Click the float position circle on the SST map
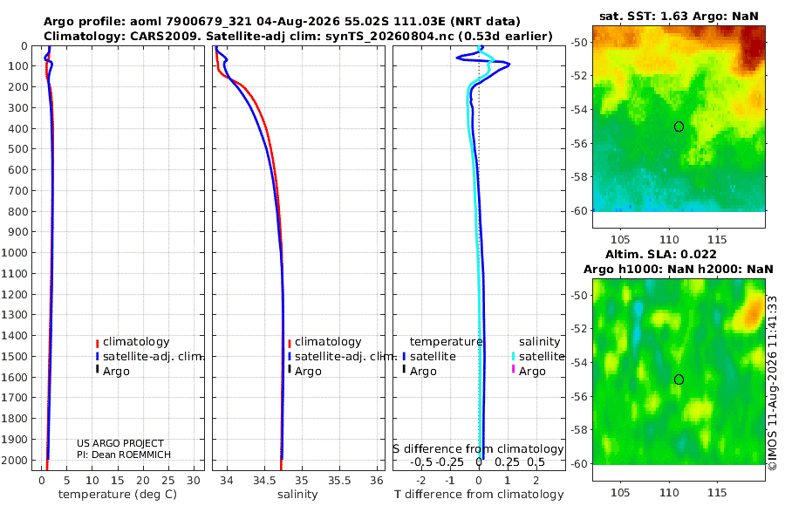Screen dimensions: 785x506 click(679, 126)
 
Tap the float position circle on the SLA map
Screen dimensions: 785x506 click(679, 379)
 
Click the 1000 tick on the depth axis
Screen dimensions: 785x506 click(14, 252)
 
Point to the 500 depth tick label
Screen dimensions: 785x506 click(17, 149)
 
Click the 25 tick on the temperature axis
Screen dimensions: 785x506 click(168, 481)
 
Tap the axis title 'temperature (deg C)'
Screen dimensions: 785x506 click(118, 495)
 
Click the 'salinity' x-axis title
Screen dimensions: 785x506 click(297, 495)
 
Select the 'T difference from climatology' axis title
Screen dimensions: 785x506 click(479, 495)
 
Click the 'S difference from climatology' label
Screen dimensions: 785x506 click(478, 449)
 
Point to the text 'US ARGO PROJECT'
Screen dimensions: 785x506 click(120, 443)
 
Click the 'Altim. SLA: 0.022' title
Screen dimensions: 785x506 click(661, 254)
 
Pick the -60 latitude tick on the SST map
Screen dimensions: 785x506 click(579, 211)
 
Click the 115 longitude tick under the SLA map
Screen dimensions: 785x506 click(717, 492)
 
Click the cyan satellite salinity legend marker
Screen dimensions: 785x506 click(513, 356)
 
